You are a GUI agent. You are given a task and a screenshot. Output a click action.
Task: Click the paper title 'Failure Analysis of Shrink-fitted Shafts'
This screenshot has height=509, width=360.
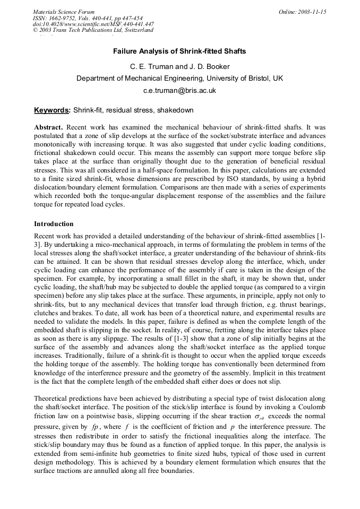179,52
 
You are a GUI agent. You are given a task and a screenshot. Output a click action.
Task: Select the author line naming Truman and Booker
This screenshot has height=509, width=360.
179,66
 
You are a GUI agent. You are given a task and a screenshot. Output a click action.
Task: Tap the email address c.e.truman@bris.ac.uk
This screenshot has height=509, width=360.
179,90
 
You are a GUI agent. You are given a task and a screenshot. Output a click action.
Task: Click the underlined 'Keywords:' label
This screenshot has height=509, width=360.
52,110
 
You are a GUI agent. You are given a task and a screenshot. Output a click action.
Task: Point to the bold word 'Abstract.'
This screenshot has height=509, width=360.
49,128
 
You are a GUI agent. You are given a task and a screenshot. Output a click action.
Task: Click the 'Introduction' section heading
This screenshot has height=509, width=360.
54,224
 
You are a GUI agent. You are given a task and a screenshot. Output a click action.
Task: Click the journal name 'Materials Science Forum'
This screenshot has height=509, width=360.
64,12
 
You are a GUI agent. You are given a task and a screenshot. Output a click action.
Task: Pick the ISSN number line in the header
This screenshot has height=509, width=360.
88,18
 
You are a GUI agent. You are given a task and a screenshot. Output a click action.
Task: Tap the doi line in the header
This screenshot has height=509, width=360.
93,24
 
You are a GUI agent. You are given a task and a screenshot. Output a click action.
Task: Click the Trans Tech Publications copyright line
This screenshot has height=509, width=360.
93,30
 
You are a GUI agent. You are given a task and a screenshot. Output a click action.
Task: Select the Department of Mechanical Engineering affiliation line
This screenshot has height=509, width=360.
179,78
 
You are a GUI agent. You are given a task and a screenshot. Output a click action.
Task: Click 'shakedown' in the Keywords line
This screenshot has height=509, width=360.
176,110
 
